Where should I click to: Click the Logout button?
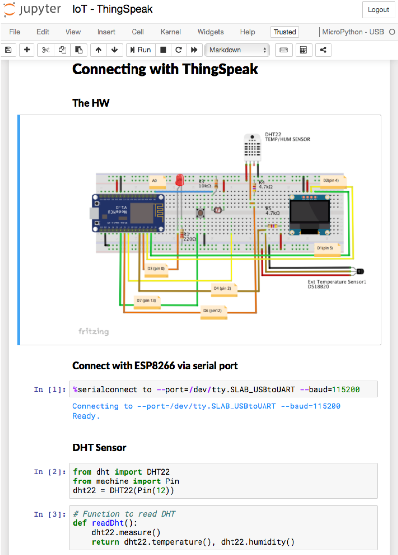point(378,10)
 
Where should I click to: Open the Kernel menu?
point(170,32)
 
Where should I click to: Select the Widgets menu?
point(210,32)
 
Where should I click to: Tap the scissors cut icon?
point(46,50)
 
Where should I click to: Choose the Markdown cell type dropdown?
point(237,50)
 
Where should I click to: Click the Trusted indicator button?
point(285,32)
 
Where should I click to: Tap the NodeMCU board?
point(128,213)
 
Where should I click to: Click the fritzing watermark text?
point(93,332)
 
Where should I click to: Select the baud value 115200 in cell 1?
point(346,389)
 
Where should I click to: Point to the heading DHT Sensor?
point(99,447)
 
